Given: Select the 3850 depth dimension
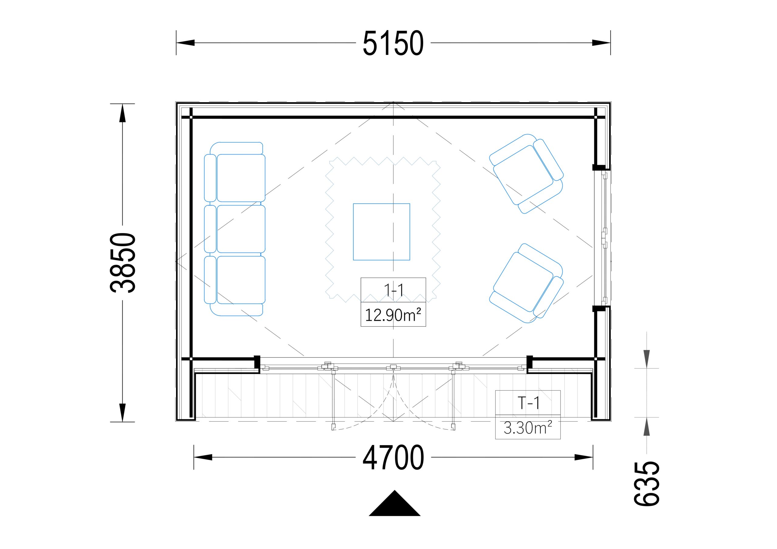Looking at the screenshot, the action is [x=123, y=263].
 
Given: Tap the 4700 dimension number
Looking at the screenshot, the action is [x=393, y=457].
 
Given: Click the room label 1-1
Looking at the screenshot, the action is [x=393, y=290].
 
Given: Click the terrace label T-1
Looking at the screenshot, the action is [x=528, y=403].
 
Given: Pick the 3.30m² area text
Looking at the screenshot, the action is [x=528, y=428].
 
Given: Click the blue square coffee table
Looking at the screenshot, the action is [x=382, y=232].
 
